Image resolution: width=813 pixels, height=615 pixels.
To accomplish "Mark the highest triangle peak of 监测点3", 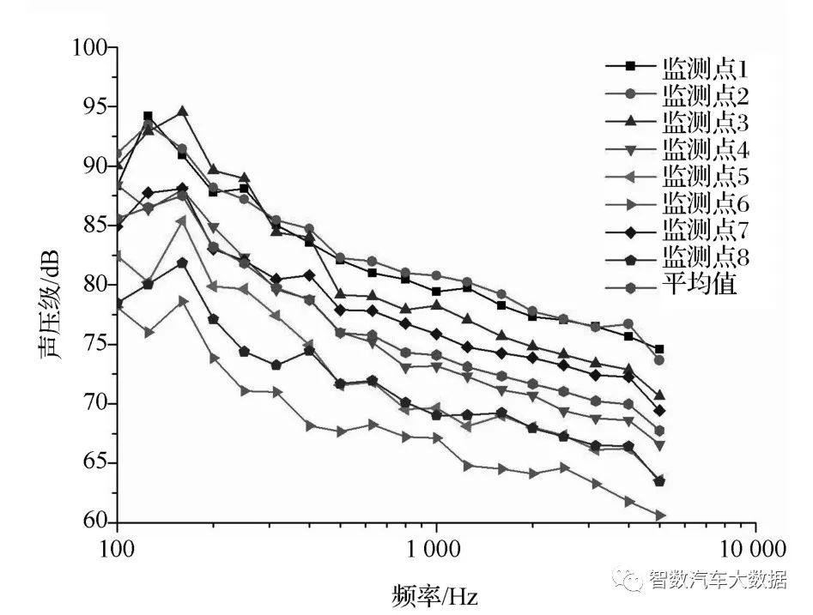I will pos(182,112).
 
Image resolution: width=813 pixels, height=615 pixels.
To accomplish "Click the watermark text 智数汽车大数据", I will pos(716,581).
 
